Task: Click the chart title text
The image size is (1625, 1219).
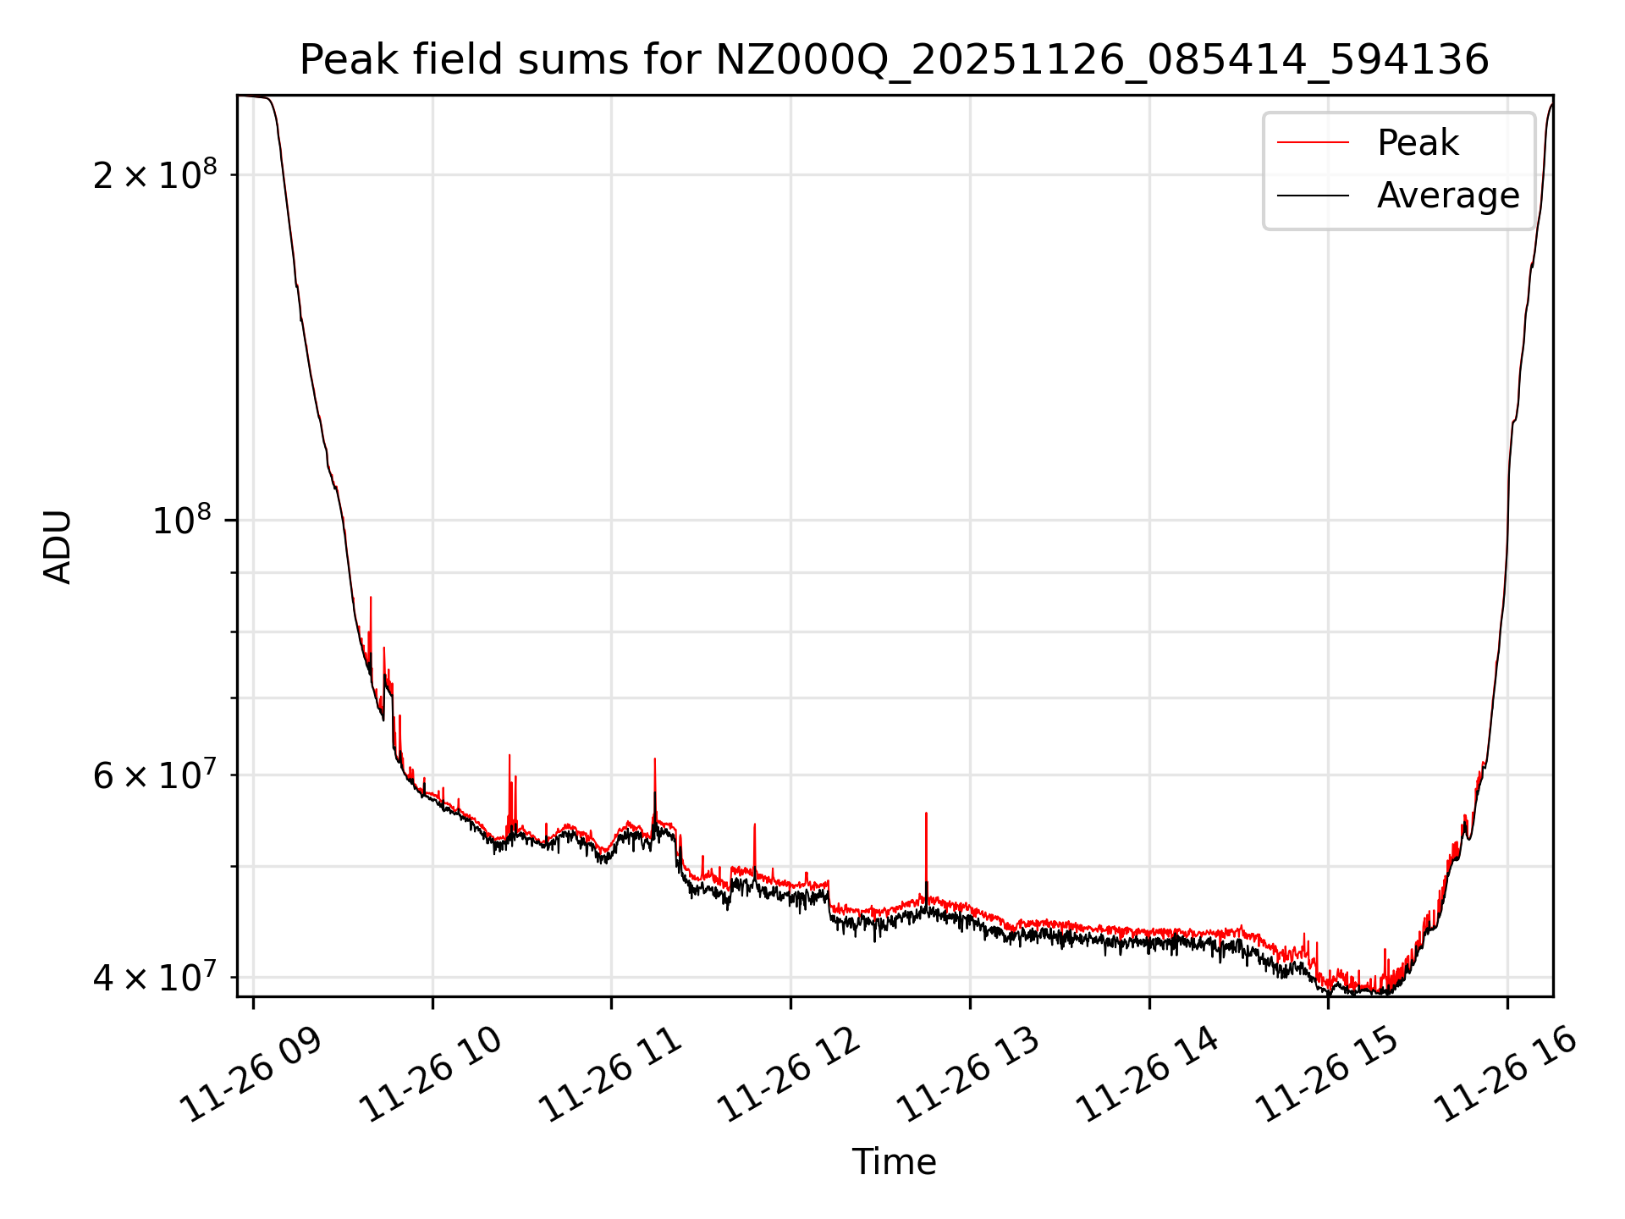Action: click(894, 60)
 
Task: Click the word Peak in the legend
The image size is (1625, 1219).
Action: click(1418, 143)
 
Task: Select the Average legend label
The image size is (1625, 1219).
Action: click(1447, 196)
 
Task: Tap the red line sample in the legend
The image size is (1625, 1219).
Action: click(1313, 143)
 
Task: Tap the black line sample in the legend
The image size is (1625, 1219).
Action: click(1313, 196)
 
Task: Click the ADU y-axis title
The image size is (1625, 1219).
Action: click(58, 547)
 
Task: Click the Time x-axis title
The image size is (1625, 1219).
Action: click(894, 1161)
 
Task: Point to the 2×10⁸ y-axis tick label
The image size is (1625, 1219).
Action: click(155, 175)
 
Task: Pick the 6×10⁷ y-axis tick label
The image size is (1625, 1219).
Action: click(155, 775)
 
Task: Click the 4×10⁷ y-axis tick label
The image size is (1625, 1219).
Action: click(155, 977)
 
